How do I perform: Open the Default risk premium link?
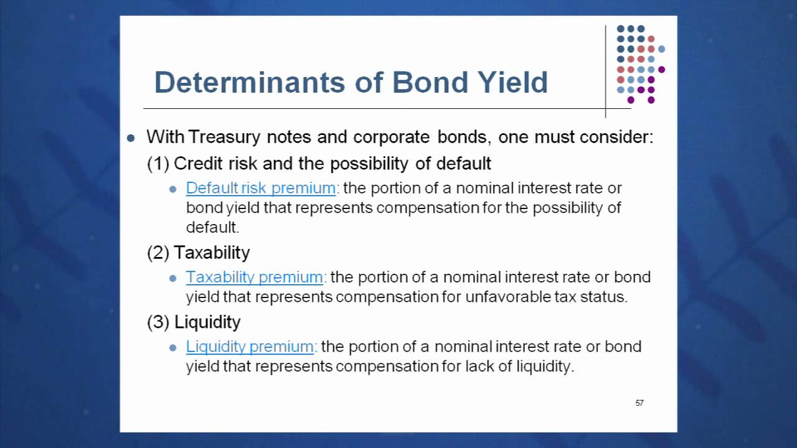[261, 188]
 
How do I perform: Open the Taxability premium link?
[255, 277]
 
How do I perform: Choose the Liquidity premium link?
[250, 347]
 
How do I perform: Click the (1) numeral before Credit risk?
[158, 164]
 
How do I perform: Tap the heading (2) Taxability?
[198, 253]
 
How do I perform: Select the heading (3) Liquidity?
[194, 322]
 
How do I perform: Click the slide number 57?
[639, 403]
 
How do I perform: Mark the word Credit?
[196, 164]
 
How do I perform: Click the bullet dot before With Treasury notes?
[131, 138]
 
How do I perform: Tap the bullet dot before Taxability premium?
[173, 278]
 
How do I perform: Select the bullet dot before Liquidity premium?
[173, 348]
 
